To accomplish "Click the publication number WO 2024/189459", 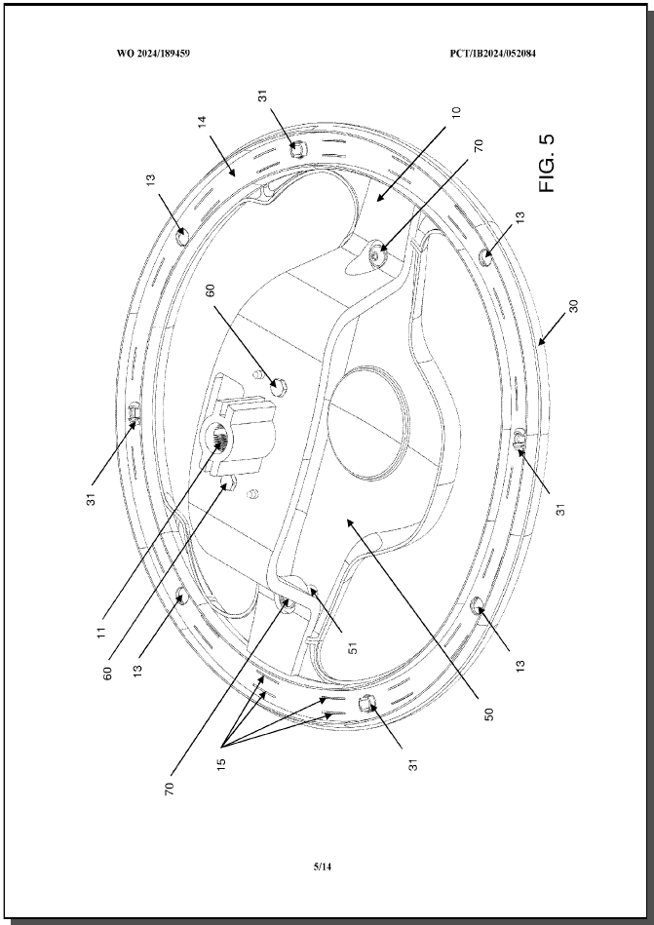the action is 153,54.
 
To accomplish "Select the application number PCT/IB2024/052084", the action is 492,54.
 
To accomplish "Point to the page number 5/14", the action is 322,867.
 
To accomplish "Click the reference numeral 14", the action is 203,122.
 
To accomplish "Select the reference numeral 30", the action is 574,306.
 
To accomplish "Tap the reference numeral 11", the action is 102,632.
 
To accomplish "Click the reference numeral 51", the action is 353,647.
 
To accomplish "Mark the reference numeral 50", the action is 488,714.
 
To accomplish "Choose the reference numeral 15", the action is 221,764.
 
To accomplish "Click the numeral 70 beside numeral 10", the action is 479,145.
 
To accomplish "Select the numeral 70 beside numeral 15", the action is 170,789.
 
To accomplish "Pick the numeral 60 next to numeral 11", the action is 108,674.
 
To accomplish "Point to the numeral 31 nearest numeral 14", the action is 263,96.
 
